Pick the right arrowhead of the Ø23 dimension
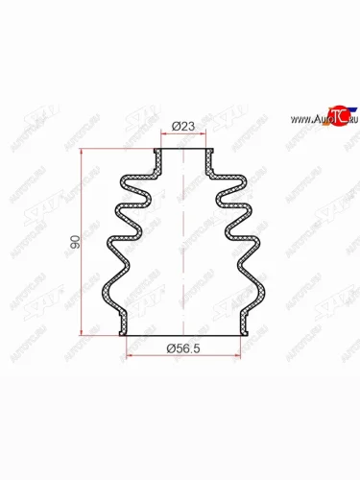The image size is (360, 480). pos(204,135)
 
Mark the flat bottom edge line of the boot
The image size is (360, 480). pos(182,336)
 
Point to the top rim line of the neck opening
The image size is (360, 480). pos(182,151)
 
